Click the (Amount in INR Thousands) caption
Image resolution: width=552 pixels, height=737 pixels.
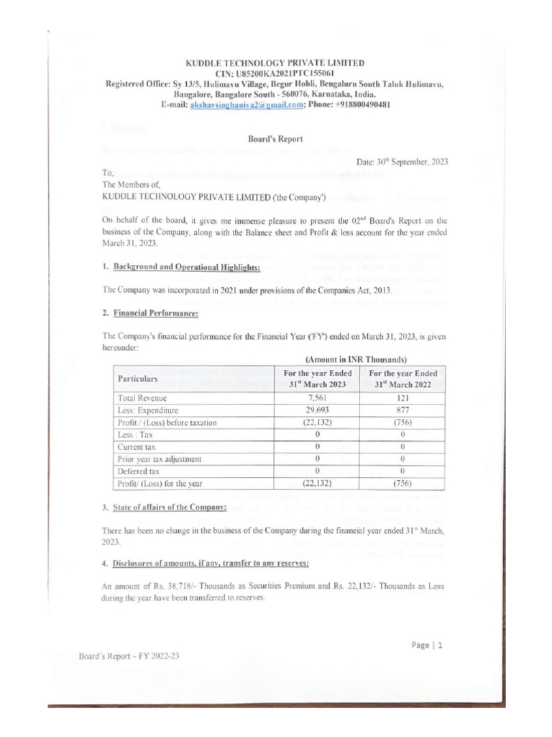[x=356, y=358]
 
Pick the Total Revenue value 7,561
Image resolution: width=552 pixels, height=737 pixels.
[x=316, y=397]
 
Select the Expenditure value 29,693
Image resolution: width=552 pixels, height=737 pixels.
[x=316, y=410]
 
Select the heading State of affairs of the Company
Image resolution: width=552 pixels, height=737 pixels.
[x=170, y=507]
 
